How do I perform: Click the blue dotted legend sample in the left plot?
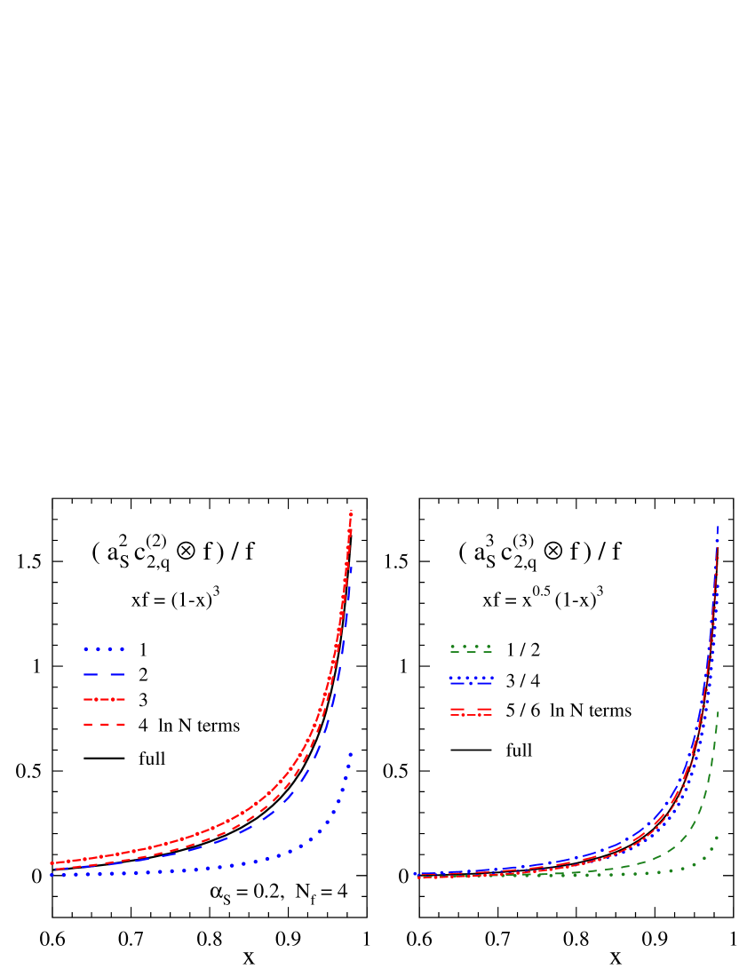(104, 649)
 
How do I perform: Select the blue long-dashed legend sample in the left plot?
(104, 675)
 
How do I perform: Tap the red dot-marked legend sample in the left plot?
(104, 700)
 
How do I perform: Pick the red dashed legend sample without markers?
(104, 725)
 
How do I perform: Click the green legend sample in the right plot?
(471, 649)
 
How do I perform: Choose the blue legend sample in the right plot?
(471, 680)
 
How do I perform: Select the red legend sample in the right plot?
(471, 712)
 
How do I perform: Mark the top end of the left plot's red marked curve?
(352, 512)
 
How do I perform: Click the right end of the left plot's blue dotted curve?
(351, 754)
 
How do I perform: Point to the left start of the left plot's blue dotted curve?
(52, 875)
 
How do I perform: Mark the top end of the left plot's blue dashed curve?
(352, 565)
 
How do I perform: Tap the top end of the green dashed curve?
(718, 711)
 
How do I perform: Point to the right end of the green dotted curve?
(717, 837)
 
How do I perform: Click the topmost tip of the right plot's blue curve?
(718, 527)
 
